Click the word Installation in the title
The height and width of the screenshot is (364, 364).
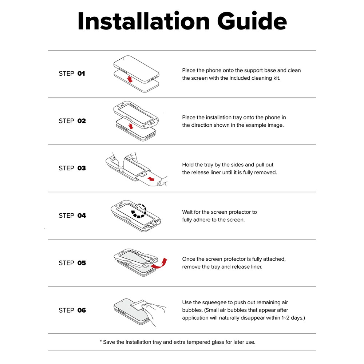coord(144,21)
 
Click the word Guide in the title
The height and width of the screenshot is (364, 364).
coord(252,21)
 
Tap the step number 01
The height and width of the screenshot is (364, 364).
coord(81,74)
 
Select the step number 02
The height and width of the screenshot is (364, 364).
coord(82,121)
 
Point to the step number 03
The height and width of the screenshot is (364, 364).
coord(82,168)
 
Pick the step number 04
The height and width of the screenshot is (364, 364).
coord(82,215)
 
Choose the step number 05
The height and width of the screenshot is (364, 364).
coord(82,263)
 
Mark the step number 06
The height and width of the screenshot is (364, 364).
coord(82,310)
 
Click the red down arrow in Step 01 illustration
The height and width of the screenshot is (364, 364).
coord(130,79)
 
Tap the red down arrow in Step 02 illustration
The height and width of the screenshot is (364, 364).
coord(131,126)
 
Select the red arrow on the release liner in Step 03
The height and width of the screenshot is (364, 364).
coord(151,179)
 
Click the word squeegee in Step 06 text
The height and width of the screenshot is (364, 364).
coord(217,302)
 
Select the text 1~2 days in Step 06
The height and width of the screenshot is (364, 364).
coord(292,318)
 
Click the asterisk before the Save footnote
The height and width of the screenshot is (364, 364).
coord(101,341)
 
